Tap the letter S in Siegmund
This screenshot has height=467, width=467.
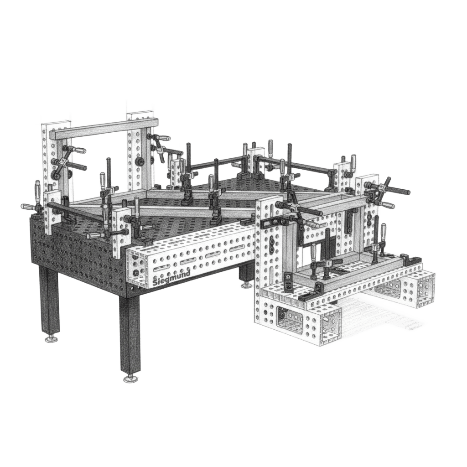tap(155, 282)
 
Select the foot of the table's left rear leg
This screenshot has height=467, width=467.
tap(52, 339)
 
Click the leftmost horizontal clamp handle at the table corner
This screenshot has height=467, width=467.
tap(28, 206)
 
